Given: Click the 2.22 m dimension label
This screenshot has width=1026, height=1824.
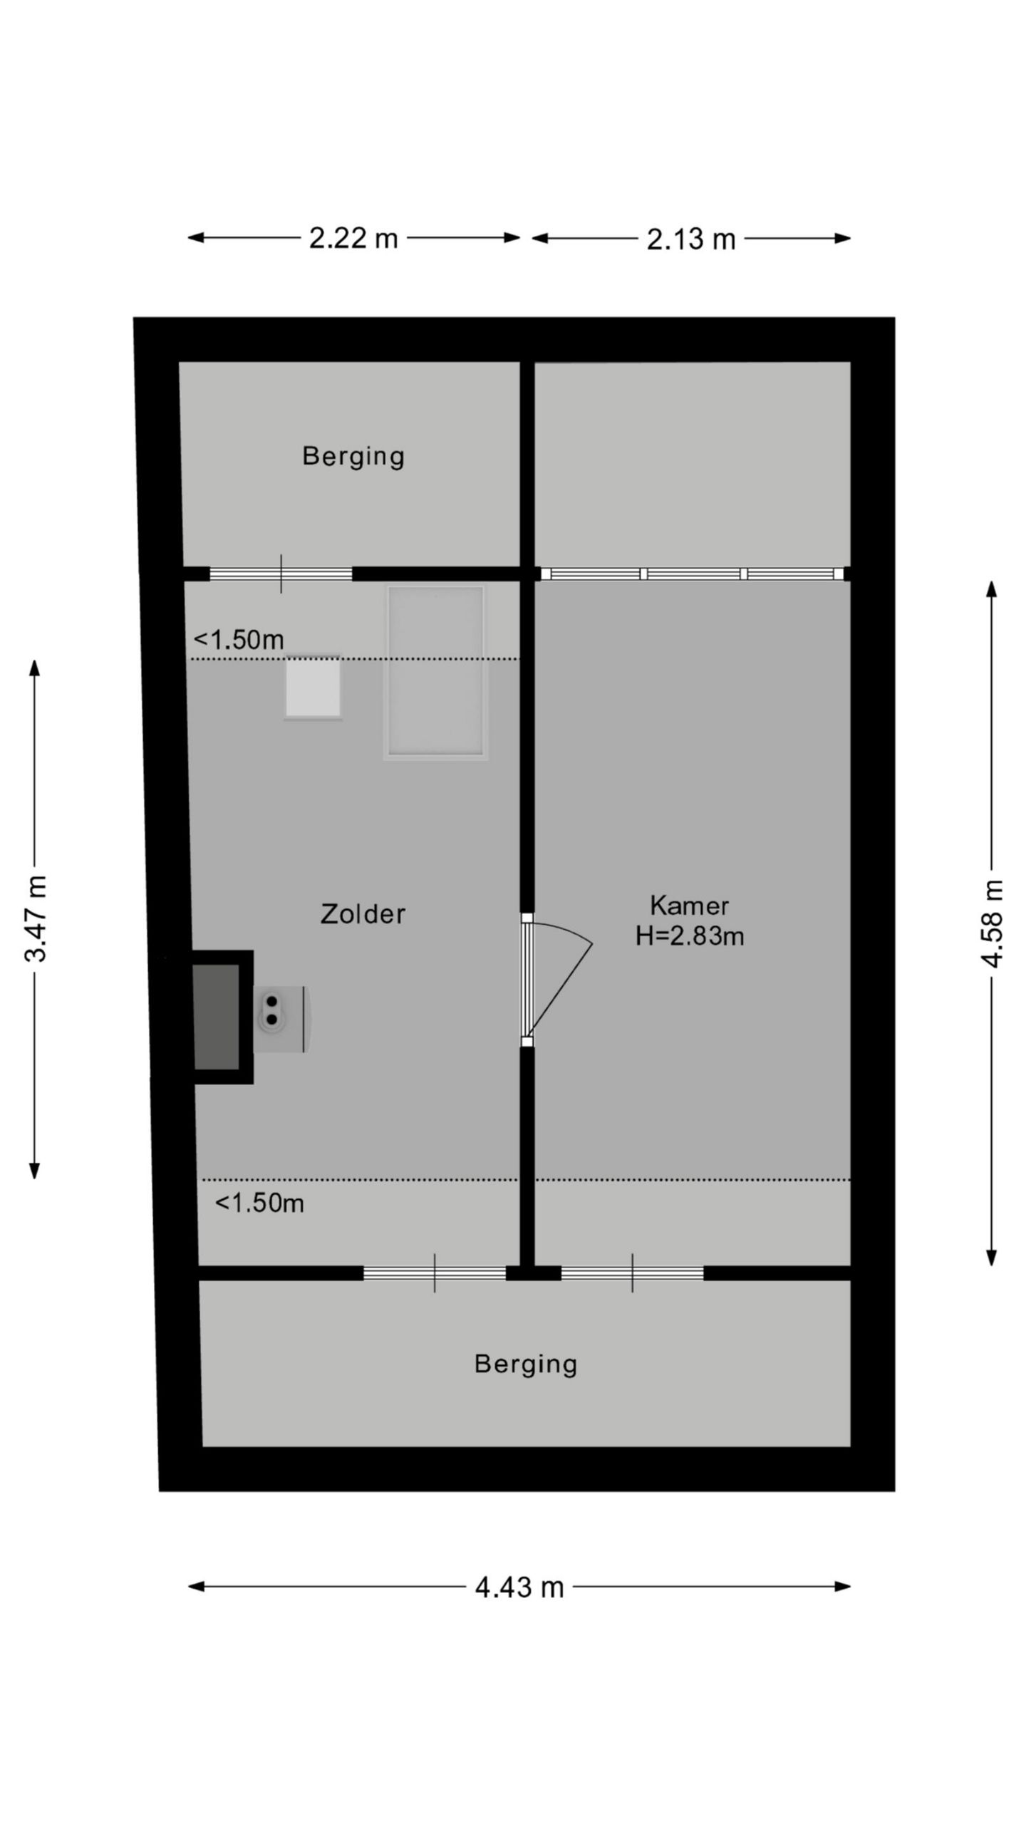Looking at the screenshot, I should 353,238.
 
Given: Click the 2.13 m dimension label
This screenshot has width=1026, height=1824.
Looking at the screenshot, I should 690,239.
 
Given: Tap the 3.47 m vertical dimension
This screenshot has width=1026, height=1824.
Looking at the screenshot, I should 36,918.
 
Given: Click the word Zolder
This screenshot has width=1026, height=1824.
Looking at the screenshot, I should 363,914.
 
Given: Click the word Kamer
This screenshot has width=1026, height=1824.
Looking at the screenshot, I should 689,906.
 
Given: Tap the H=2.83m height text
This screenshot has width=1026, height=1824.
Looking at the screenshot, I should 689,936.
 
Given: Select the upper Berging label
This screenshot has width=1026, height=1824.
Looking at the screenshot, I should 353,456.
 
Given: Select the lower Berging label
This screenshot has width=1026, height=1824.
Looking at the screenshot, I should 526,1364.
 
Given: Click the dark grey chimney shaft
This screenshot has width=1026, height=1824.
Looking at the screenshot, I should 217,1017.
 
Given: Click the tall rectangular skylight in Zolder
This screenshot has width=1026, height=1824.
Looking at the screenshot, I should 435,672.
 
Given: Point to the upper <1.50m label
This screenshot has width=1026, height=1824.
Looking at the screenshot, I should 239,640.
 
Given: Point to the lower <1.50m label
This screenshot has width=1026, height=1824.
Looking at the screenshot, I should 259,1203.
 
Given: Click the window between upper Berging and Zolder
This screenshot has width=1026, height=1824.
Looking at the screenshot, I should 281,574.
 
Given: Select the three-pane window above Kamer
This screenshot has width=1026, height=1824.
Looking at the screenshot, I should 693,574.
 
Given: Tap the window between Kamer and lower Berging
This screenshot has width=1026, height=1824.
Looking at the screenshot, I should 632,1273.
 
